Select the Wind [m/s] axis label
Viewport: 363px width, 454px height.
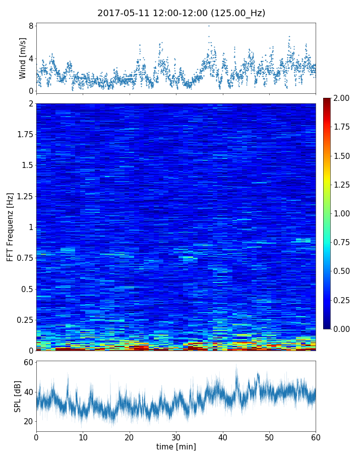coord(23,58)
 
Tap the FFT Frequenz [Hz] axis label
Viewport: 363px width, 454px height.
coord(10,226)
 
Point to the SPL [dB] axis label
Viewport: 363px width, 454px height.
coord(18,395)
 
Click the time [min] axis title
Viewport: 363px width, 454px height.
coord(176,446)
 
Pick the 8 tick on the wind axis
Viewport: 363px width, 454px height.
coord(31,26)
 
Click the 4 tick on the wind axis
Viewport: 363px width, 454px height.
coord(31,59)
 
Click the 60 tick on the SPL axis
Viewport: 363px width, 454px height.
coord(28,363)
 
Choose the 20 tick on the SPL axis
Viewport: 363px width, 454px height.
coord(28,421)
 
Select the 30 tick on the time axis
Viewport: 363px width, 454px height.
coord(176,436)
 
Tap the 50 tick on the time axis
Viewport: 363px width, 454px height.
coord(269,436)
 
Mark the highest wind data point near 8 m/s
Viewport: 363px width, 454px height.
coord(209,26)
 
